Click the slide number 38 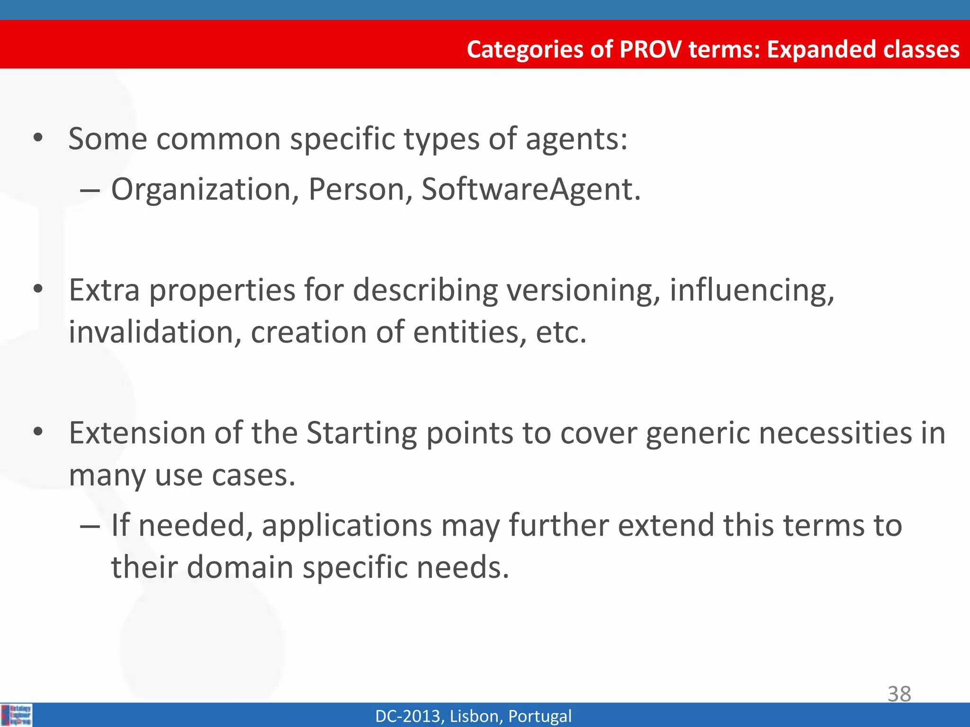click(x=899, y=694)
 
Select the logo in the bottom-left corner click(x=16, y=715)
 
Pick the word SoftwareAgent click(x=531, y=189)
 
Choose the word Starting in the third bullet click(x=361, y=434)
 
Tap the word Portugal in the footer click(x=539, y=716)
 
